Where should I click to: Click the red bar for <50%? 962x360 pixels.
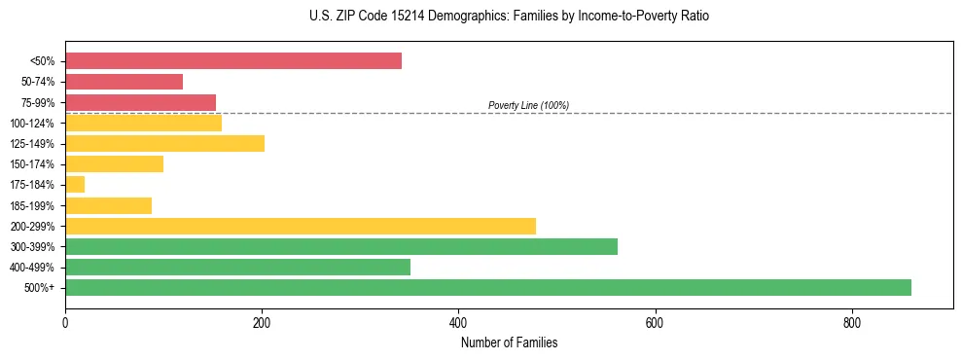tap(233, 61)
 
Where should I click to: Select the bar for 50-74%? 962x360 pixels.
tap(124, 82)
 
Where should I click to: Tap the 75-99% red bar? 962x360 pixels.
tap(140, 102)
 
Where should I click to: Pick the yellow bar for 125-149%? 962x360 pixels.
tap(164, 144)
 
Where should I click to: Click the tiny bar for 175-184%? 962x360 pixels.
tap(75, 185)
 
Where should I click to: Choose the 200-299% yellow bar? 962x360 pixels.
tap(301, 226)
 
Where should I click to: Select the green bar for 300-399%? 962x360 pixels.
tap(341, 246)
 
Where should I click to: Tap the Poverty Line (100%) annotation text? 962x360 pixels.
tap(528, 105)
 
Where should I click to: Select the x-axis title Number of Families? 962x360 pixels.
tap(509, 342)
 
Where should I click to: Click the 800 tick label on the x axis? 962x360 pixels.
tap(851, 322)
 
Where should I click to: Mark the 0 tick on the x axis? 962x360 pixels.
tap(65, 322)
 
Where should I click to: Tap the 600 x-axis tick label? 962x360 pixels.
tap(655, 322)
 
